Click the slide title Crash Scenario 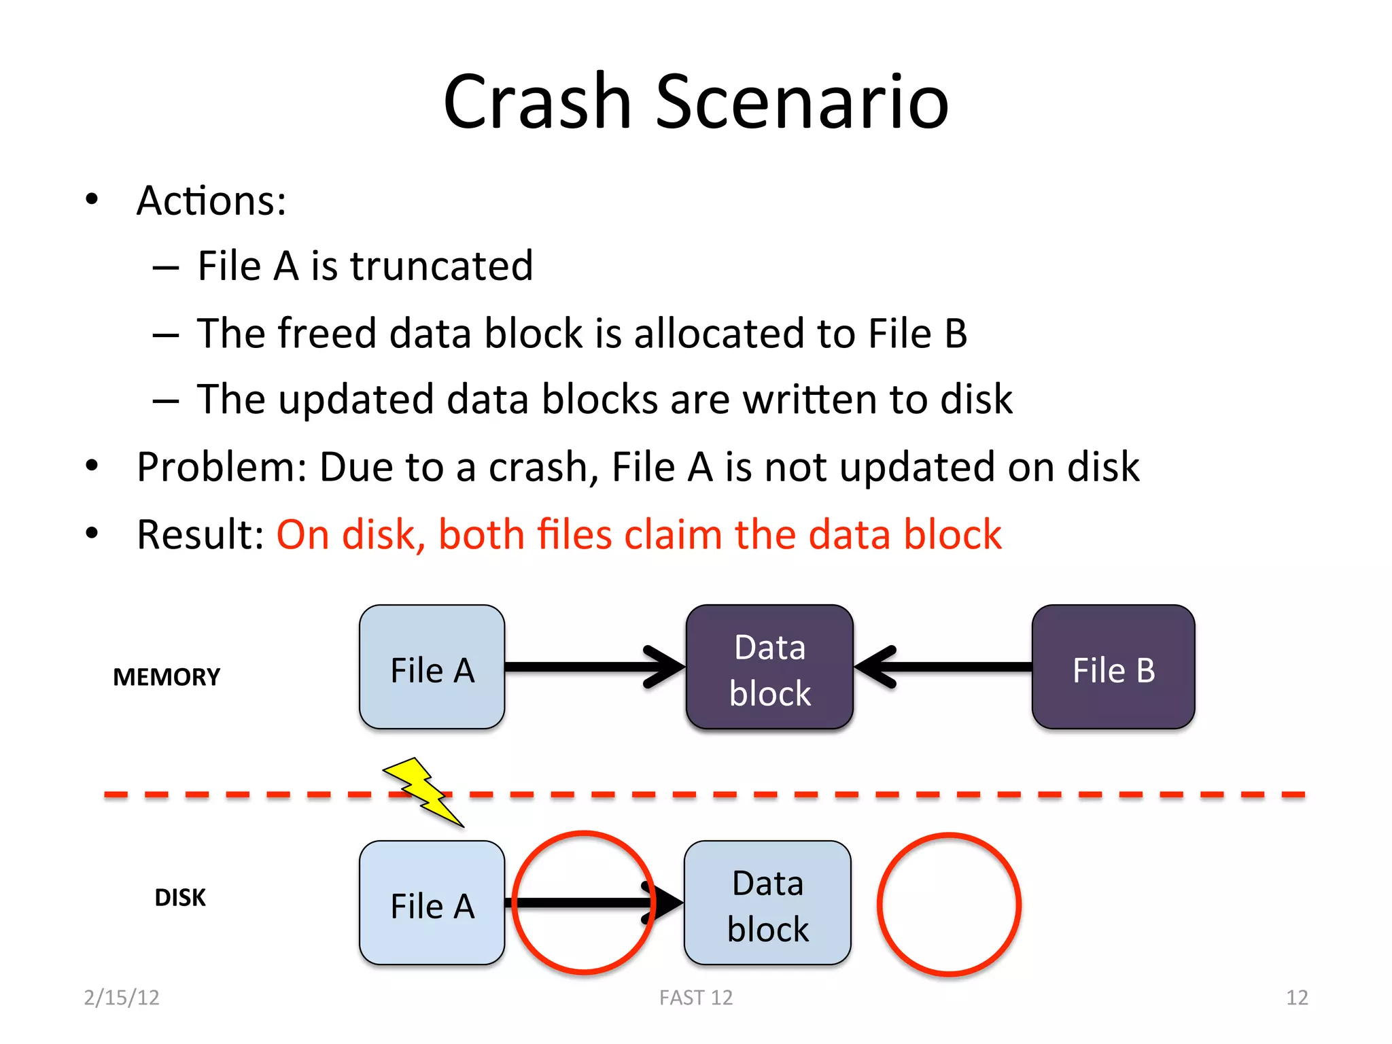pyautogui.click(x=695, y=102)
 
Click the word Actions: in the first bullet pyautogui.click(x=211, y=201)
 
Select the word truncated pyautogui.click(x=441, y=266)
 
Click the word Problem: pyautogui.click(x=222, y=468)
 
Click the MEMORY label pyautogui.click(x=167, y=677)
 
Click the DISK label pyautogui.click(x=179, y=897)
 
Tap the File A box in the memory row pyautogui.click(x=432, y=667)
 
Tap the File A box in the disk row pyautogui.click(x=432, y=903)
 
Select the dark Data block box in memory pyautogui.click(x=769, y=667)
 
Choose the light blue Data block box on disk pyautogui.click(x=767, y=903)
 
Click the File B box pyautogui.click(x=1113, y=667)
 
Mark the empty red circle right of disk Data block pyautogui.click(x=949, y=904)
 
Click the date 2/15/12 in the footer pyautogui.click(x=122, y=997)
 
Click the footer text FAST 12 pyautogui.click(x=696, y=997)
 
